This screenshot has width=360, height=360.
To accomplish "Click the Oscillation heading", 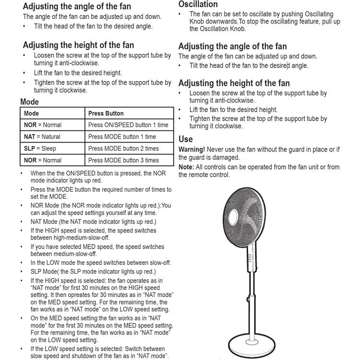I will point(198,4).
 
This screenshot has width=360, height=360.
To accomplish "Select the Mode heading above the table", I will point(29,102).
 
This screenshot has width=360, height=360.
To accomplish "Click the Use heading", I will point(185,139).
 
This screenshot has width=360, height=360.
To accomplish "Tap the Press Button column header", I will point(106,113).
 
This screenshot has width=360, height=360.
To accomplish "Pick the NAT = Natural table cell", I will point(42,137).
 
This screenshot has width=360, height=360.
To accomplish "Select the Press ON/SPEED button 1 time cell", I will point(128,125).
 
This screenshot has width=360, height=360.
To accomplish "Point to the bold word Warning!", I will point(192,150).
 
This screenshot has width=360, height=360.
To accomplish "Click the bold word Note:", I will point(186,167).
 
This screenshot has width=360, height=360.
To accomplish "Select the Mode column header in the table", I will point(32,113).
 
